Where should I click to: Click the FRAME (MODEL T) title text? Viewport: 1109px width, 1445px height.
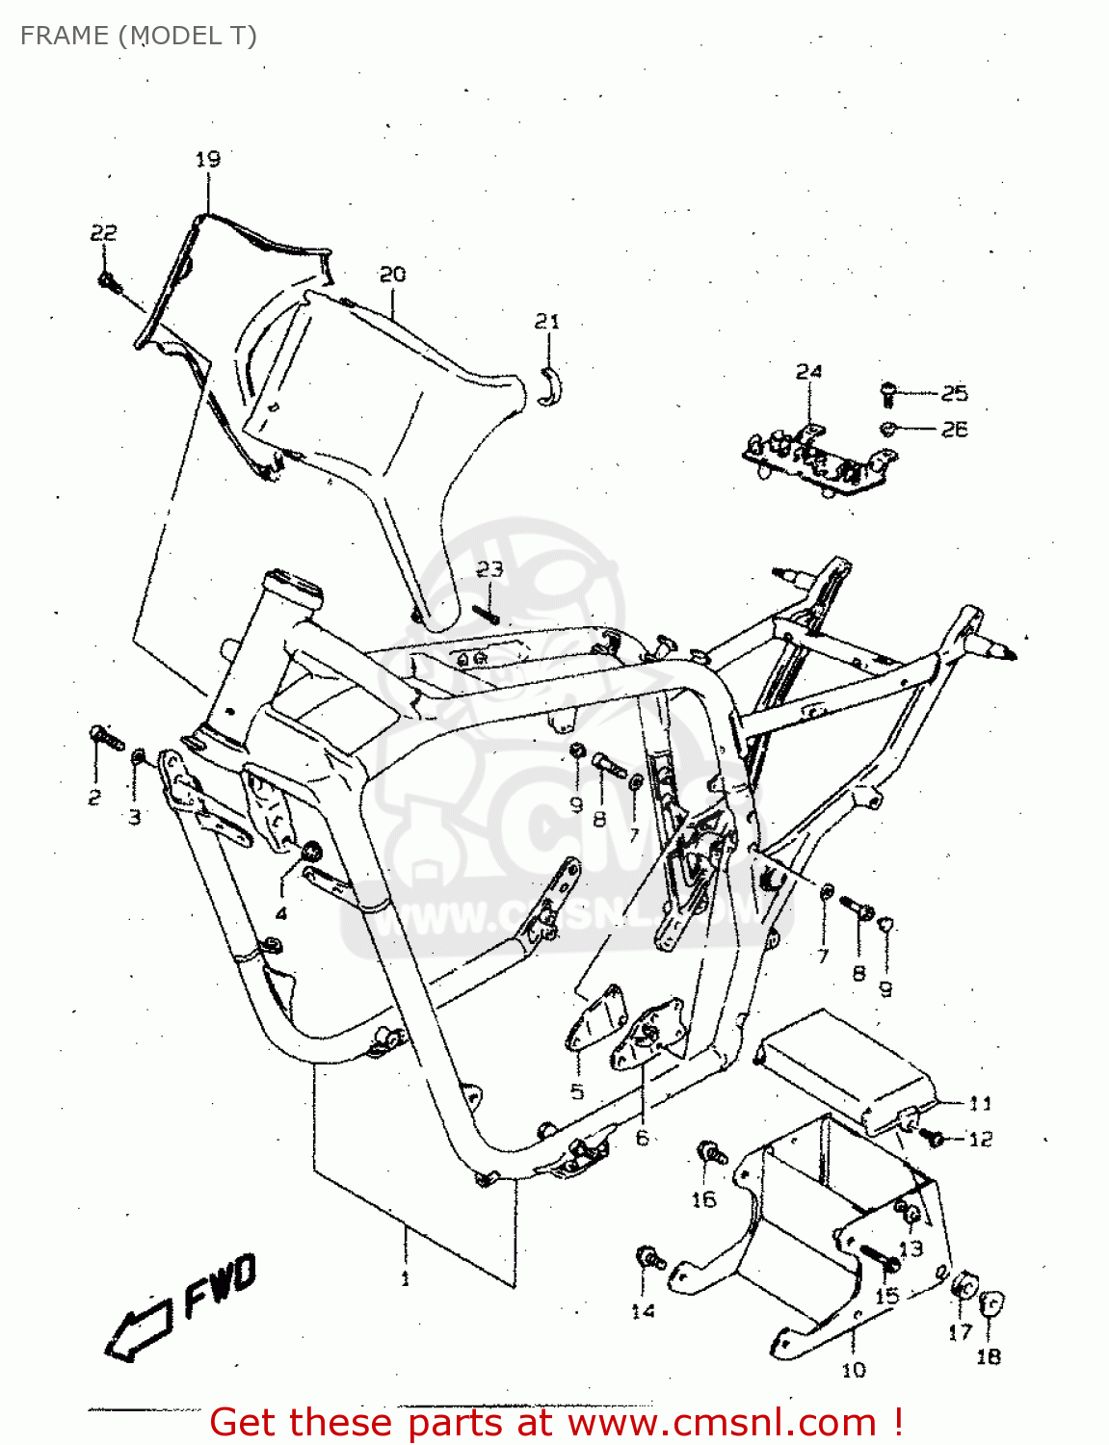pos(138,36)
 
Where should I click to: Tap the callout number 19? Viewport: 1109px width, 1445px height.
pos(208,159)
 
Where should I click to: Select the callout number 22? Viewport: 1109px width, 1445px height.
pos(103,233)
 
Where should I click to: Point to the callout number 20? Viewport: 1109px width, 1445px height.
pos(392,275)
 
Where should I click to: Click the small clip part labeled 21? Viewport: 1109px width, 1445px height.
pos(551,384)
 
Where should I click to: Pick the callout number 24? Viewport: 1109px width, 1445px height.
pos(808,372)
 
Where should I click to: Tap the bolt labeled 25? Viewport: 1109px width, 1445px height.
pos(888,392)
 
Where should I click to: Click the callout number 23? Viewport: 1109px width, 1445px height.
pos(489,569)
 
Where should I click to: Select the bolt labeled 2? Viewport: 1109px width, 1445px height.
pos(105,739)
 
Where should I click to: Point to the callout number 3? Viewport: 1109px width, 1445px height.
pos(135,817)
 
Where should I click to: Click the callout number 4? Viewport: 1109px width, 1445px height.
pos(281,913)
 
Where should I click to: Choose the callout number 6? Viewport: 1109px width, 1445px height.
pos(642,1138)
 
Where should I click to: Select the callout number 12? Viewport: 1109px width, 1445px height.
pos(980,1139)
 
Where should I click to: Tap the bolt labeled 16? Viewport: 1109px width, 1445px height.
pos(712,1152)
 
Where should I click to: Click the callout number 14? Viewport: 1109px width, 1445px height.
pos(643,1311)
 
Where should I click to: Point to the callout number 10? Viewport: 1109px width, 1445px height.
pos(854,1370)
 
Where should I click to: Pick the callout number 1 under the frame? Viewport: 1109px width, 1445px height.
pos(405,1279)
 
